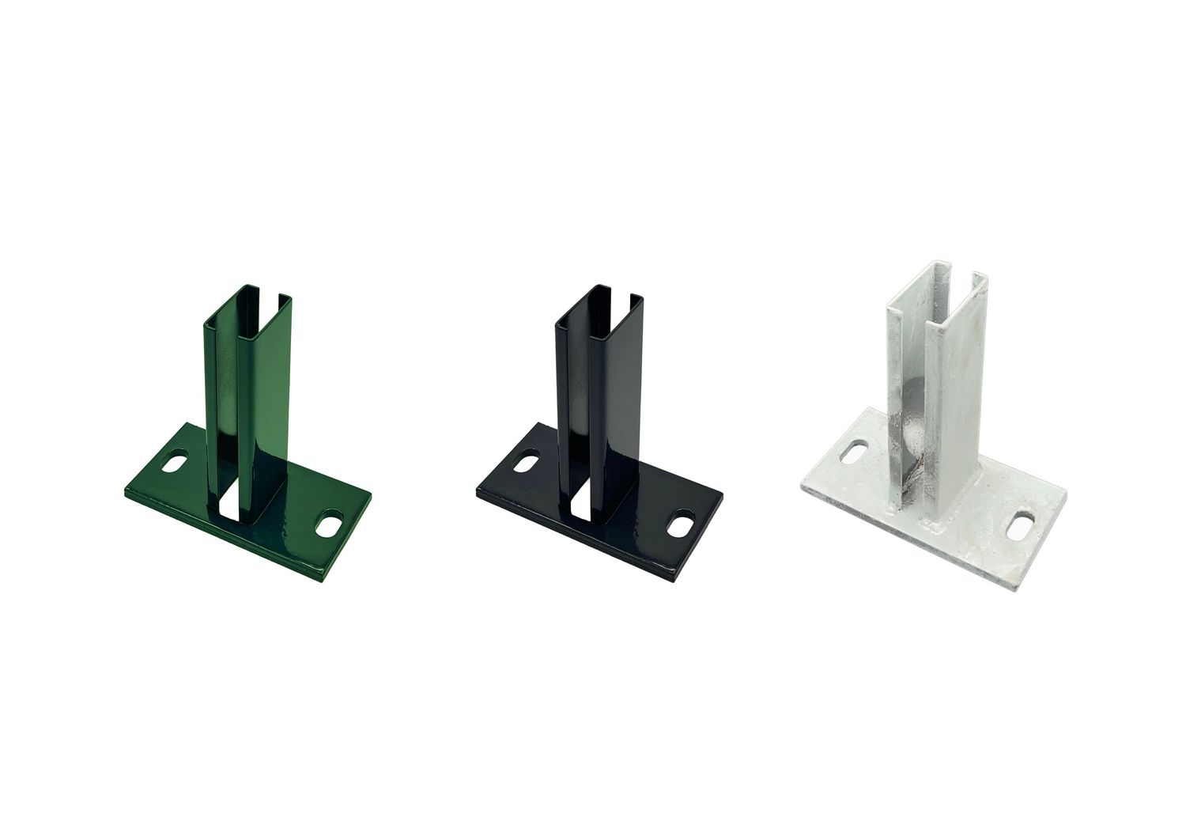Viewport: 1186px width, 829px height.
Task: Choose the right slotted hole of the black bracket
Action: [678, 523]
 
